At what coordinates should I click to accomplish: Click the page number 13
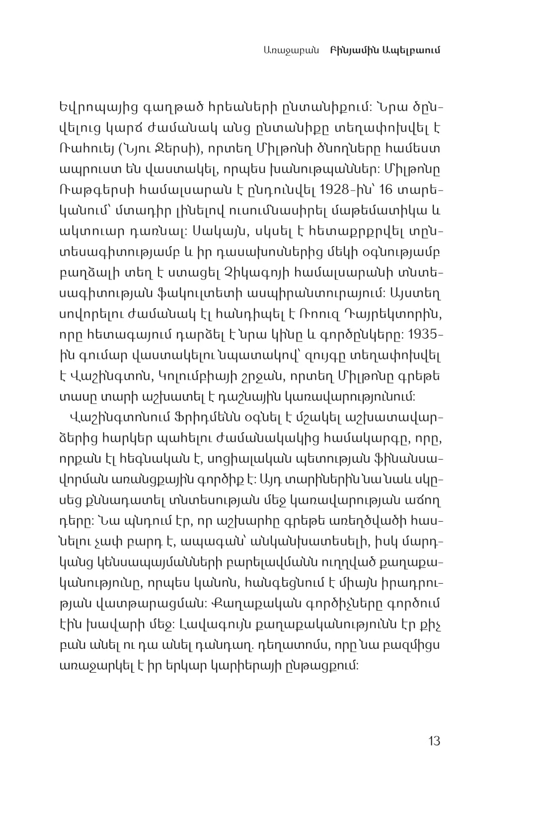[434, 741]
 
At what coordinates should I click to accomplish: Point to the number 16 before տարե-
[386, 191]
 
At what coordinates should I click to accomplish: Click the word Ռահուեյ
[82, 148]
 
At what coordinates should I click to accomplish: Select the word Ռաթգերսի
[90, 191]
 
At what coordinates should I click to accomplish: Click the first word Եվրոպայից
[91, 107]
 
